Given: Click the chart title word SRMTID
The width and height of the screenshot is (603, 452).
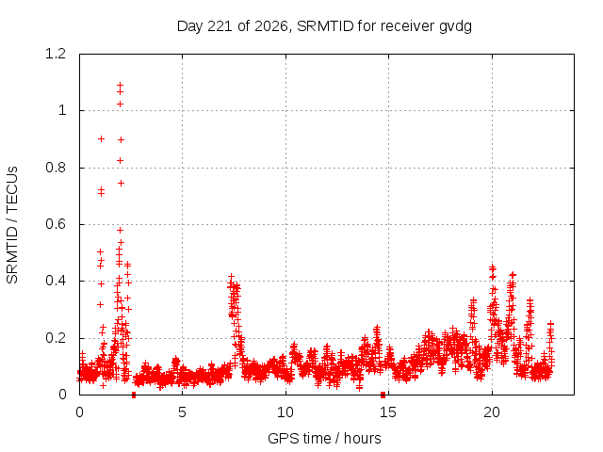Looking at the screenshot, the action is (325, 26).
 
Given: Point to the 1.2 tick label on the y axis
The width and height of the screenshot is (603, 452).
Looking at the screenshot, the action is (56, 54).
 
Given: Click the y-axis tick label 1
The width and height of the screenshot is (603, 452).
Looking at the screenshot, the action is (62, 111).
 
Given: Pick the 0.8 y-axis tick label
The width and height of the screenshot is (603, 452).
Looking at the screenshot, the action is (56, 168).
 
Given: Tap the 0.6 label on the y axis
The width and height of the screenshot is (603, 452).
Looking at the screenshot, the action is (56, 224).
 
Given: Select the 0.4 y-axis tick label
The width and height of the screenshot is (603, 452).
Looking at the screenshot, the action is (56, 281).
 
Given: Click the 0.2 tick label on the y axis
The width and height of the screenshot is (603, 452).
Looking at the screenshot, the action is (56, 338).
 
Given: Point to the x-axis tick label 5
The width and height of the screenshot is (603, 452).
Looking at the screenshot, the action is (182, 412).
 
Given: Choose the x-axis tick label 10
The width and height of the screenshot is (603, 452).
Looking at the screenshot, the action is (285, 412).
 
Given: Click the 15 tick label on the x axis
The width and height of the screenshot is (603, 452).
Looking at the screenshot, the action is (388, 412).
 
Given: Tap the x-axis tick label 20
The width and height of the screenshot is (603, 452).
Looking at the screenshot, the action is (492, 412).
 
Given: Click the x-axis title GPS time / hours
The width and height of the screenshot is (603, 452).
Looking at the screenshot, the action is (324, 438).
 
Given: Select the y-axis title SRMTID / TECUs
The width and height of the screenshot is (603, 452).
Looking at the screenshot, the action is (12, 225).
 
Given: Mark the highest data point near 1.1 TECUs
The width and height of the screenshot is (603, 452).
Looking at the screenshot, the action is (120, 85).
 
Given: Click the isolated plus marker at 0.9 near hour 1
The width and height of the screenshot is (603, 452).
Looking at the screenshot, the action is (101, 138).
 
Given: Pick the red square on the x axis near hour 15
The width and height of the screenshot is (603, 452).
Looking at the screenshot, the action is (383, 395).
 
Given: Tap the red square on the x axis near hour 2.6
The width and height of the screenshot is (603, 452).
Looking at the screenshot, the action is (134, 395).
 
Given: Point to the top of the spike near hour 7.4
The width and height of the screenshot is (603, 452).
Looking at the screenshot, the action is (231, 276).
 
